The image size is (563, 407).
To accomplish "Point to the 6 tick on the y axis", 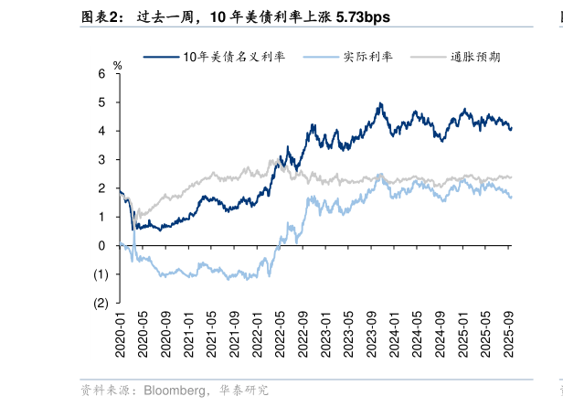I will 102,73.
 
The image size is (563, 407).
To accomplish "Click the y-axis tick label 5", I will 102,102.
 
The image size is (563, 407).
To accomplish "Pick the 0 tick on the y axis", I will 102,245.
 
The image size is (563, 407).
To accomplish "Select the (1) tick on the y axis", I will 101,273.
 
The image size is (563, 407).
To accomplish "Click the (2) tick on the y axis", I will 101,303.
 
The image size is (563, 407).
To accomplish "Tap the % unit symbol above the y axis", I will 116,65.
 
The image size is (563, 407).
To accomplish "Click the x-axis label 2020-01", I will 120,337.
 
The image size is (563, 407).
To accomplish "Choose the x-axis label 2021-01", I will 188,337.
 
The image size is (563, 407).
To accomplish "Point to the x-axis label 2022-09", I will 303,337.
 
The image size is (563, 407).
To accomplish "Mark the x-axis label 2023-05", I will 348,337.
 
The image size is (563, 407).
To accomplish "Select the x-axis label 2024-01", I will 395,337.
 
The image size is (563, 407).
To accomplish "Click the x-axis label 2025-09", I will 509,337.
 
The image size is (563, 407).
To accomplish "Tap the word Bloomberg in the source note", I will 173,391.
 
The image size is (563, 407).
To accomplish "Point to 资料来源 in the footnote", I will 103,391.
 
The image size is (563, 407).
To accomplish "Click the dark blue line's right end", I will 511,129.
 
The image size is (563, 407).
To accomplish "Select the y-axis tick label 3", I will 102,159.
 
